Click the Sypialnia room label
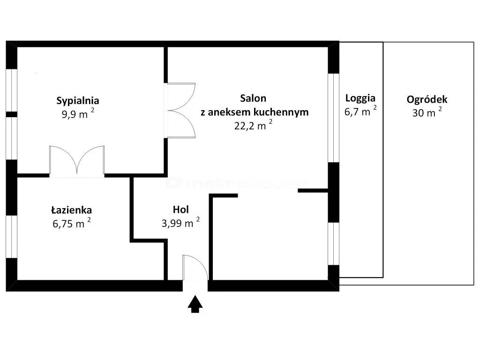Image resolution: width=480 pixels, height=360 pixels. [78, 101]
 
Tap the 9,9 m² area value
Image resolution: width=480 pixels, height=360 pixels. [78, 113]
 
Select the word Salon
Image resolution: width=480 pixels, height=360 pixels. [253, 98]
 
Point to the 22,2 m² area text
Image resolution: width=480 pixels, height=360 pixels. [253, 125]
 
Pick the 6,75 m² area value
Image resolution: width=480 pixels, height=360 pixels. [72, 223]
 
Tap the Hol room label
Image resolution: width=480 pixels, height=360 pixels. [180, 210]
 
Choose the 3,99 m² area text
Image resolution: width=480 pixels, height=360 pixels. [180, 223]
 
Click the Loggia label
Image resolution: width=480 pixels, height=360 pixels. [360, 98]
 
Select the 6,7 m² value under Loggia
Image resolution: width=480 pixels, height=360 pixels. [360, 111]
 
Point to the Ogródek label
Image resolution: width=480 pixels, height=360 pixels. [427, 99]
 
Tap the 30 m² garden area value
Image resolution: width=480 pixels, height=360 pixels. [427, 112]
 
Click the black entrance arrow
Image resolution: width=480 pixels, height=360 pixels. [195, 304]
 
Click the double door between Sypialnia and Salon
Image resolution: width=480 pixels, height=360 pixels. [180, 110]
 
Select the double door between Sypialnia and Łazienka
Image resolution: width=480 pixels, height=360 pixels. [77, 161]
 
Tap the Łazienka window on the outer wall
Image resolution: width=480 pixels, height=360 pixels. [12, 237]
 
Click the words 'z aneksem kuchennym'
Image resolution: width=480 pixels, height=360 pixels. [255, 112]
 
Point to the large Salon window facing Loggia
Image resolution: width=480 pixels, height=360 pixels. [333, 118]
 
